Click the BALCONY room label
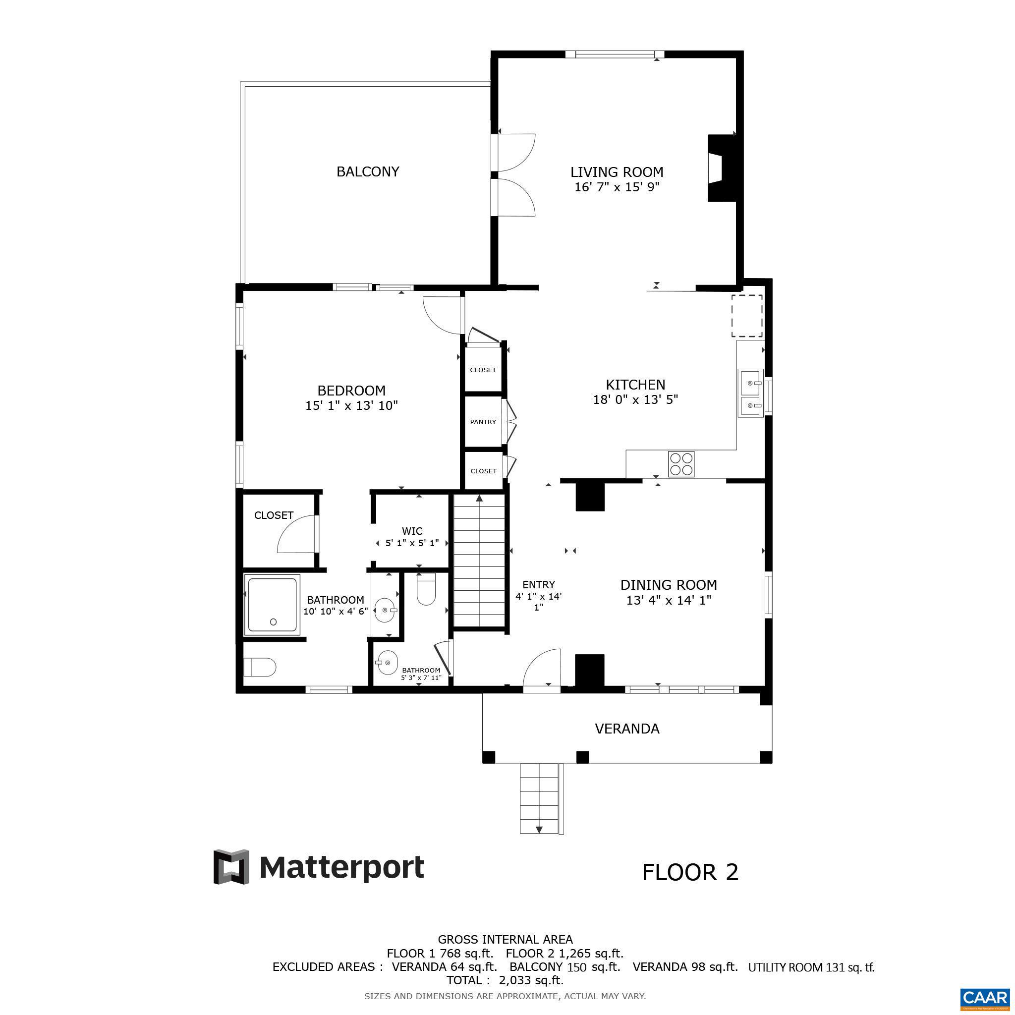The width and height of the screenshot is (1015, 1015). (x=368, y=172)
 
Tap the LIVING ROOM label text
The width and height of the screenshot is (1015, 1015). (x=617, y=172)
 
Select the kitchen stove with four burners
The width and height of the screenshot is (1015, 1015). (x=681, y=464)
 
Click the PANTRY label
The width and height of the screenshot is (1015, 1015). (x=483, y=422)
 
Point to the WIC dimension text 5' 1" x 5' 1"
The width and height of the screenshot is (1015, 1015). (x=412, y=543)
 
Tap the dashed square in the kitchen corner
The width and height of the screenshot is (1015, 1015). (x=746, y=315)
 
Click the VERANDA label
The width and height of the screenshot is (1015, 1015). (x=627, y=729)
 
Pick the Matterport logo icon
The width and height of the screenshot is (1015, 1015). (x=230, y=867)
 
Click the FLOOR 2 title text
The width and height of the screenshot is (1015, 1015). (x=690, y=873)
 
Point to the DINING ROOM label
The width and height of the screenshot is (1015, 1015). (x=668, y=585)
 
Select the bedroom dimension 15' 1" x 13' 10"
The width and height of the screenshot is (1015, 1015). (x=351, y=405)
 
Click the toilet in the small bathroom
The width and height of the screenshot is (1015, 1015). (x=426, y=590)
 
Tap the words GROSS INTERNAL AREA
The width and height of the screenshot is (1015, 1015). (x=505, y=939)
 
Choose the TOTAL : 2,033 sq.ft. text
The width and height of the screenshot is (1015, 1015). (x=505, y=980)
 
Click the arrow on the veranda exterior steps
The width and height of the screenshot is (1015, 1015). (x=539, y=830)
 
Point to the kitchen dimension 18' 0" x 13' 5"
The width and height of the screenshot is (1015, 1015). (x=635, y=400)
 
